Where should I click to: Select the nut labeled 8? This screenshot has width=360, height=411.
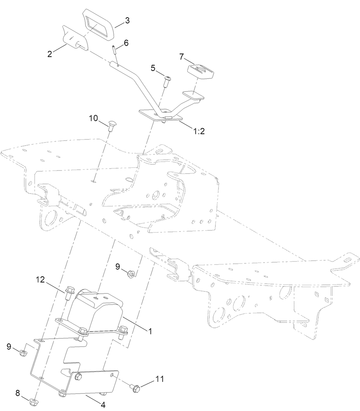click(33, 402)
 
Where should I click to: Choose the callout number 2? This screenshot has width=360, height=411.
click(50, 54)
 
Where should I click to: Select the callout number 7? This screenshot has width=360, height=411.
click(182, 57)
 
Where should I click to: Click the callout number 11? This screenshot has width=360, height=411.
click(160, 379)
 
